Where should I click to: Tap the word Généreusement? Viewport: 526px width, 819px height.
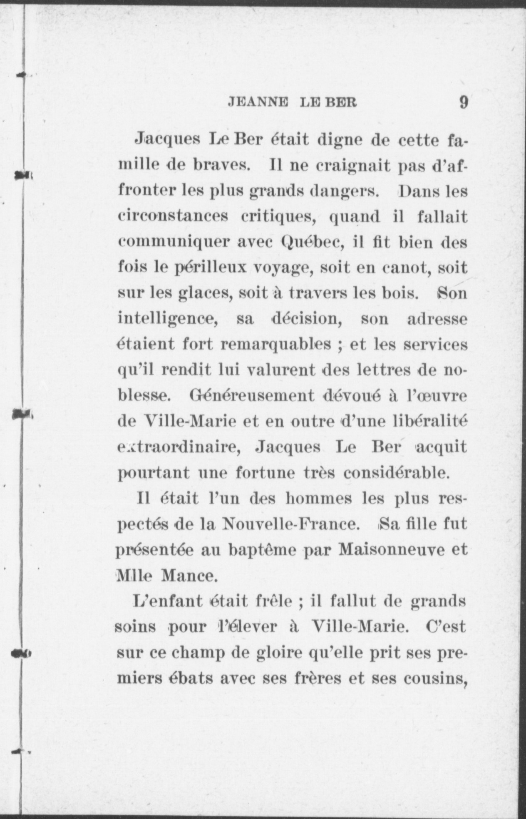coord(252,396)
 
